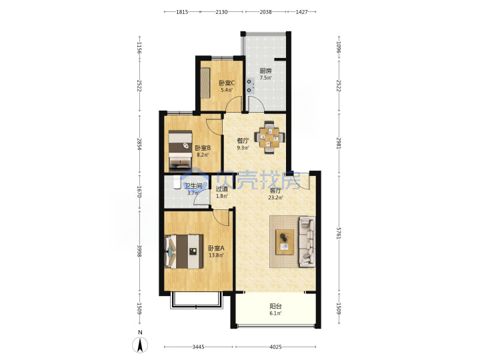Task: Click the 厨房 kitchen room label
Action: tap(265, 71)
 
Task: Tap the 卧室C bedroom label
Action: tap(227, 83)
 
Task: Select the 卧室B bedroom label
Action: tap(203, 148)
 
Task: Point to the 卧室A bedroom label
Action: tap(216, 248)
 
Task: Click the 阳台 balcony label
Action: tap(275, 306)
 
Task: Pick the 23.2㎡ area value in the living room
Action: tap(275, 198)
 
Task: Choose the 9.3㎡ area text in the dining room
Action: tap(243, 148)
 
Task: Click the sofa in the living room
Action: tap(307, 241)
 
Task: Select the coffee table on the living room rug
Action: tap(285, 242)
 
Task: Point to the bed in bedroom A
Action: tap(184, 251)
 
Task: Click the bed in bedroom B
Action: tap(181, 150)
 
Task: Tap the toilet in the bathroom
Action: tap(177, 183)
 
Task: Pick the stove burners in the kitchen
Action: tap(251, 86)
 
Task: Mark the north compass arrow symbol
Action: tap(140, 345)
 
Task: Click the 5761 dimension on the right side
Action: tap(339, 233)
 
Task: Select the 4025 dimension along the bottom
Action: tap(275, 347)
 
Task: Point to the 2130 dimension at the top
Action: tap(221, 12)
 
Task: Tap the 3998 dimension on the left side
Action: tap(139, 251)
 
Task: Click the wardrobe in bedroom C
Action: tap(205, 83)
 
